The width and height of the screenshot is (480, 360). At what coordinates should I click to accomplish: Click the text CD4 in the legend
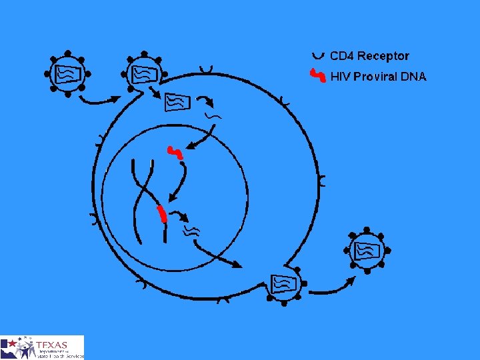[x=342, y=56]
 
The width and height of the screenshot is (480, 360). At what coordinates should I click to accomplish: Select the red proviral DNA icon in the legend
[x=319, y=76]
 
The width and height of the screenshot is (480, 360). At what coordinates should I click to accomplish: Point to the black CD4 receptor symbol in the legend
[x=318, y=55]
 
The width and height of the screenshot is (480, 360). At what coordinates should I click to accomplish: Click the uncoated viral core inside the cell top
[x=177, y=101]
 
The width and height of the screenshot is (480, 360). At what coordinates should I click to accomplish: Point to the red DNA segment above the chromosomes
[x=175, y=153]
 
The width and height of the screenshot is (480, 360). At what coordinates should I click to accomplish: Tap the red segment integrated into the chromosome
[x=162, y=214]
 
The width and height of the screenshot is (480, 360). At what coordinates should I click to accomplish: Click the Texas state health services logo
[x=42, y=347]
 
